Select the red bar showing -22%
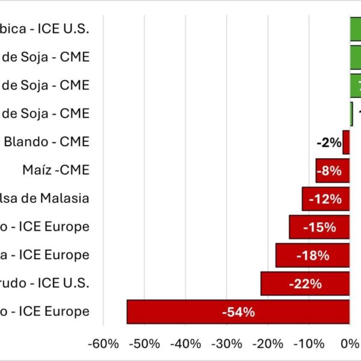[x=305, y=283]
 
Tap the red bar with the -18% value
[x=312, y=255]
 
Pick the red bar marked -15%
[x=319, y=227]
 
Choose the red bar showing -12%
[x=326, y=199]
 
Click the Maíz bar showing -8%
[x=332, y=170]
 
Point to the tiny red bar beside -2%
[x=346, y=143]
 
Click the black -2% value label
[x=329, y=143]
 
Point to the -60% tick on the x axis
[x=103, y=344]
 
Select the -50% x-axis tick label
[x=145, y=344]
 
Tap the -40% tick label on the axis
[x=186, y=344]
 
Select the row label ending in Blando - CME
[x=46, y=142]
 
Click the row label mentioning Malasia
[x=45, y=199]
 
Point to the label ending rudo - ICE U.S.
[x=45, y=283]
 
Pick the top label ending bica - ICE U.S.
[x=45, y=29]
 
